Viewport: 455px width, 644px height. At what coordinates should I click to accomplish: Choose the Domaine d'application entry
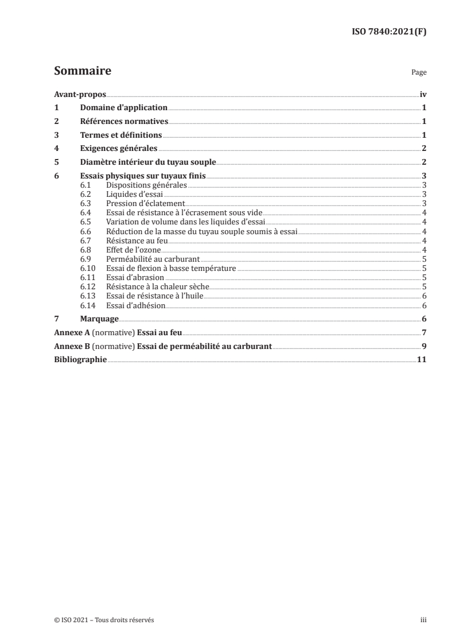pos(123,108)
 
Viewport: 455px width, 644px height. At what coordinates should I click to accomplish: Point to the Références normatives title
pos(124,122)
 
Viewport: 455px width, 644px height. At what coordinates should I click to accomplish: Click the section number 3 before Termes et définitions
pos(56,135)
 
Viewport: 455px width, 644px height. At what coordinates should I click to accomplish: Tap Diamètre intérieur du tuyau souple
pos(148,162)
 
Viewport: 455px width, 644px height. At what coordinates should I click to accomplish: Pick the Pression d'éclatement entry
pos(145,203)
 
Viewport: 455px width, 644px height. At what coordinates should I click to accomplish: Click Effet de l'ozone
pos(129,249)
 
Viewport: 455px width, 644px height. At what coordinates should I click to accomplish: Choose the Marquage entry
pos(99,319)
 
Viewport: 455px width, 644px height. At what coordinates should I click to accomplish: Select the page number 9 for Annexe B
pos(423,346)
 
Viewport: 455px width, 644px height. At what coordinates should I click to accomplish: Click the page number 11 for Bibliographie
pos(421,360)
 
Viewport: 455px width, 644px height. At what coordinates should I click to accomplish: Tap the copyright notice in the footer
pos(104,620)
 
